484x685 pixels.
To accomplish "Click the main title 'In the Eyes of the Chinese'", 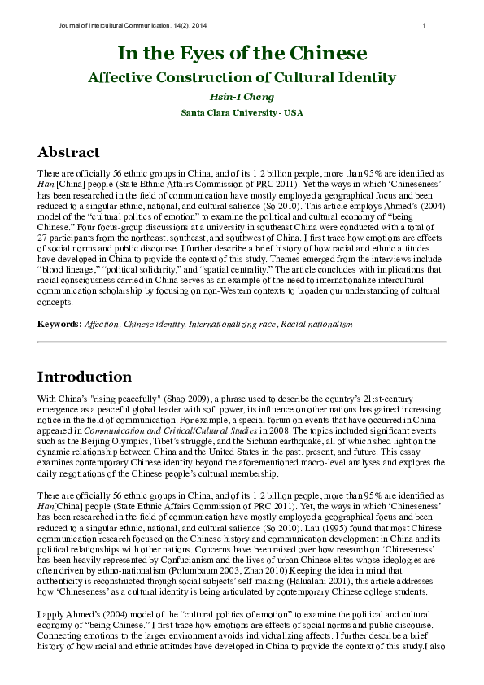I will tap(242, 55).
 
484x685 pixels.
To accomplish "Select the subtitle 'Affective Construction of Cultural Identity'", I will tap(242, 78).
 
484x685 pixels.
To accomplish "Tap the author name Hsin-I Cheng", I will tap(242, 96).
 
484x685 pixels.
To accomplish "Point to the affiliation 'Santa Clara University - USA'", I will tap(242, 112).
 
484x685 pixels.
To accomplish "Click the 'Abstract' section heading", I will tap(69, 153).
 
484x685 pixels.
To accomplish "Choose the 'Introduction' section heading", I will tap(85, 377).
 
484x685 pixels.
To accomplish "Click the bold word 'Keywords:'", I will tap(59, 324).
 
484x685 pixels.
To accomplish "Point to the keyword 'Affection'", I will tap(102, 324).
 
